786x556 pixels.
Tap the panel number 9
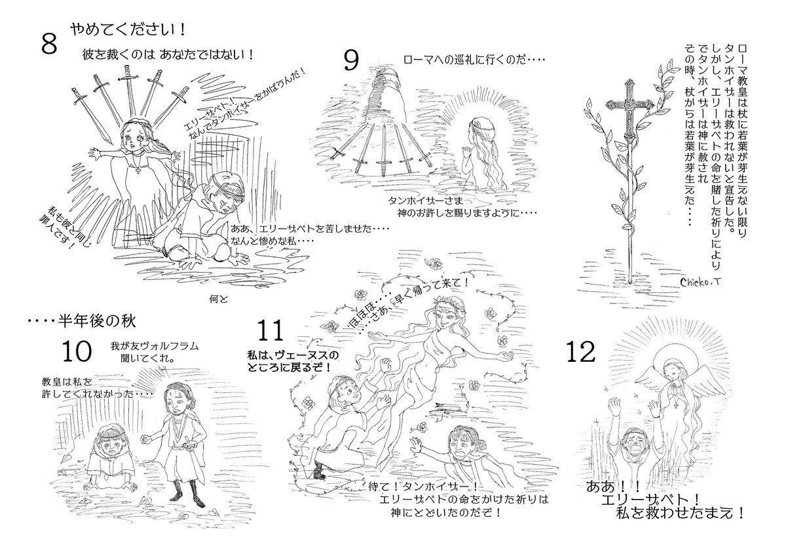pyautogui.click(x=351, y=60)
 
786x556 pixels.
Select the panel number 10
pyautogui.click(x=77, y=351)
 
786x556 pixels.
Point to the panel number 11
pyautogui.click(x=270, y=330)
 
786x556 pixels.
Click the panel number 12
pyautogui.click(x=581, y=352)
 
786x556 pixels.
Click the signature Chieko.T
pyautogui.click(x=700, y=282)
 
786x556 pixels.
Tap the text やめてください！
pyautogui.click(x=128, y=30)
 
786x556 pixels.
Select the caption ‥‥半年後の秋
pyautogui.click(x=81, y=321)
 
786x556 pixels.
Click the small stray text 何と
pyautogui.click(x=218, y=299)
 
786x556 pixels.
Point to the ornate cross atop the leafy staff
pyautogui.click(x=628, y=106)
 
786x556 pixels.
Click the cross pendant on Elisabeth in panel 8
pyautogui.click(x=139, y=170)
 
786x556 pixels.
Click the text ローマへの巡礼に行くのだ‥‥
pyautogui.click(x=474, y=60)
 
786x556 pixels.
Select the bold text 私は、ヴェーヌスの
pyautogui.click(x=293, y=355)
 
